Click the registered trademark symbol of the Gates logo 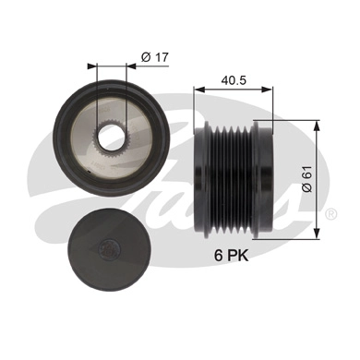[330, 212]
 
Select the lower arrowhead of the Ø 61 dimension [318, 222]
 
